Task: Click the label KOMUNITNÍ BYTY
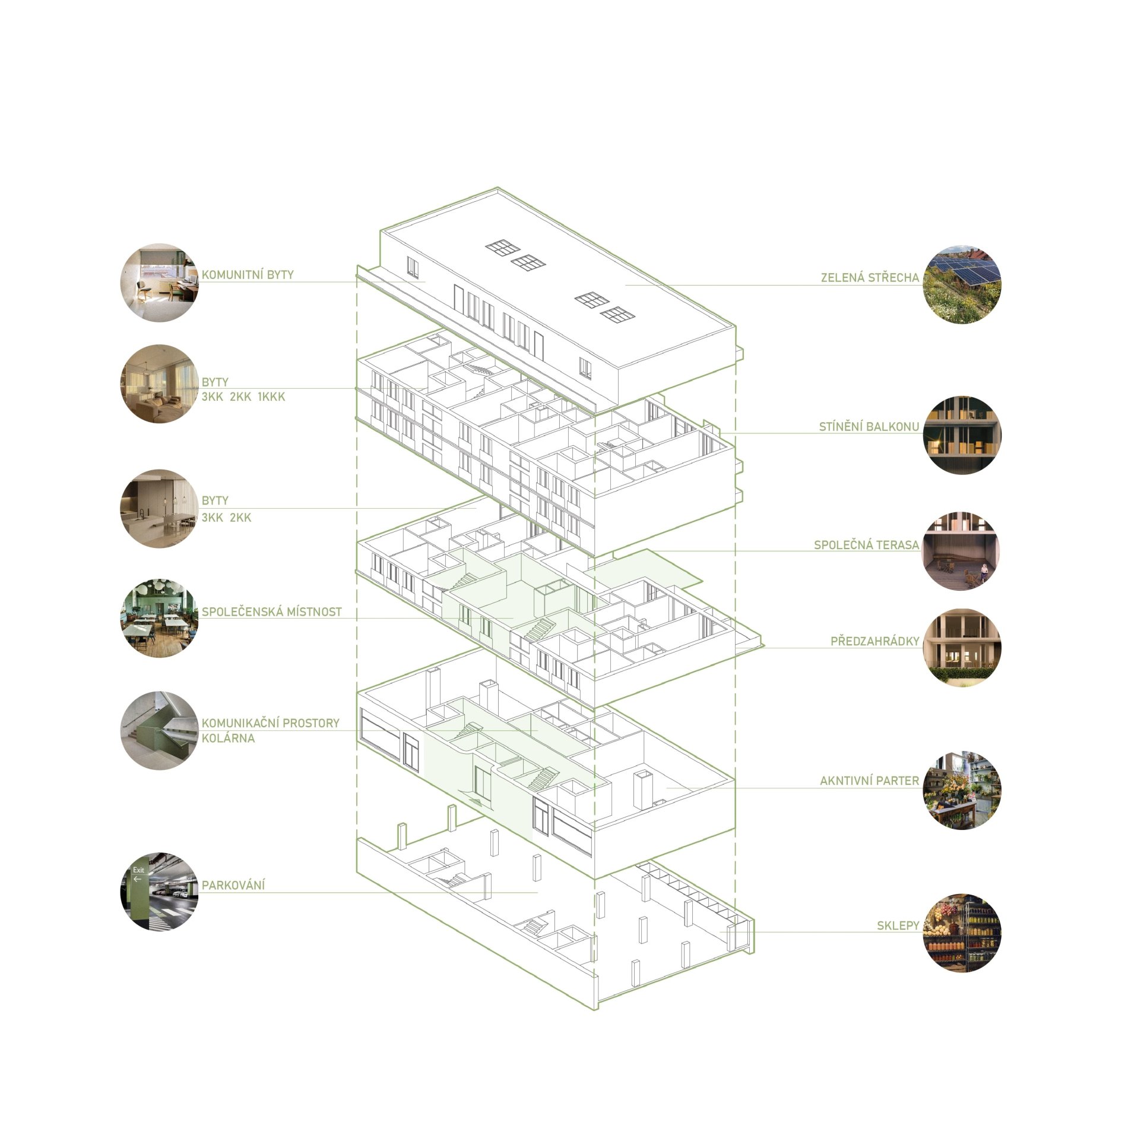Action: (248, 275)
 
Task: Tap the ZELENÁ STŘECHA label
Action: (870, 277)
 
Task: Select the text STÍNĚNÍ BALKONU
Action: (869, 426)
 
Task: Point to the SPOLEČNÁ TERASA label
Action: (866, 545)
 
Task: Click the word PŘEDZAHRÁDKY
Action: (874, 641)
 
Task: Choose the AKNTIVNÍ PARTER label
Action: (869, 781)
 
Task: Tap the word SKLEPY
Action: (898, 926)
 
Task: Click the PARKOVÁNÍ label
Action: (233, 885)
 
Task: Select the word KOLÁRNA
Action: (228, 739)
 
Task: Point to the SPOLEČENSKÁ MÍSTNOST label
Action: (272, 612)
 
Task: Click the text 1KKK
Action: (271, 397)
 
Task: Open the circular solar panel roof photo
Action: (962, 284)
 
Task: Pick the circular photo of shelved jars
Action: (962, 933)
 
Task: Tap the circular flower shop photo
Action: (962, 790)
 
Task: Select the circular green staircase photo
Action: (159, 731)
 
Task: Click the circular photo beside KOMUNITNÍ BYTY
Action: (159, 283)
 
